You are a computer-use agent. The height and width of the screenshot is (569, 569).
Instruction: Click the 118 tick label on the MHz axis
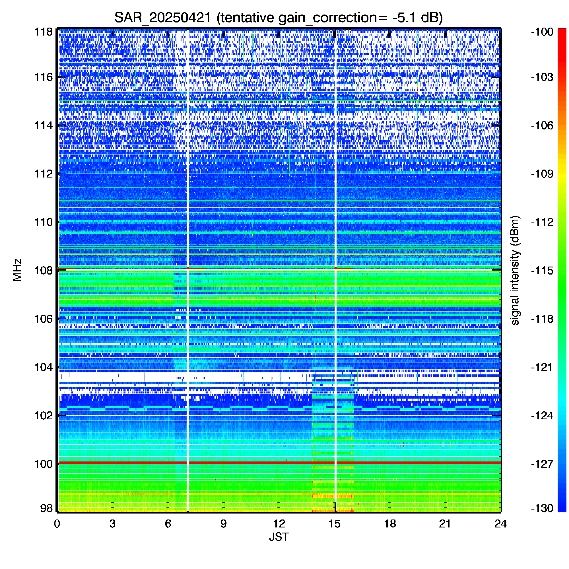(x=43, y=32)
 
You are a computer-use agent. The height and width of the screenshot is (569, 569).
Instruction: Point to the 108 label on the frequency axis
(x=43, y=270)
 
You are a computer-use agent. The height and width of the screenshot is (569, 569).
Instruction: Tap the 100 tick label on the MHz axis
(x=43, y=464)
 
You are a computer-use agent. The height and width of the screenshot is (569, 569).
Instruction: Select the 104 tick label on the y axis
(x=43, y=367)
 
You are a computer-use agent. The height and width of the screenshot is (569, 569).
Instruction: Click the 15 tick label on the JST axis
(x=334, y=524)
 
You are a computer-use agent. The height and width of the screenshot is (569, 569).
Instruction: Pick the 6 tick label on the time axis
(x=168, y=524)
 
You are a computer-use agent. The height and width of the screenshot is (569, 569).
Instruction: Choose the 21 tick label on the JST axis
(x=445, y=524)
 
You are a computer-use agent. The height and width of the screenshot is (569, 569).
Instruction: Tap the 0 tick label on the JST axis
(x=57, y=524)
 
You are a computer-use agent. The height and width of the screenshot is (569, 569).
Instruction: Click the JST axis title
(x=279, y=537)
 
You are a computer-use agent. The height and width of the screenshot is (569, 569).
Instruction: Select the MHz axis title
(x=17, y=270)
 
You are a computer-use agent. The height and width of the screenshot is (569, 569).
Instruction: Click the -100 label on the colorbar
(x=542, y=32)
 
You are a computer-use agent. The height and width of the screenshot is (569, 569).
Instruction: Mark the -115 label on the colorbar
(x=542, y=270)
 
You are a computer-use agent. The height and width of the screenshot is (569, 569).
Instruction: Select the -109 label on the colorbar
(x=542, y=174)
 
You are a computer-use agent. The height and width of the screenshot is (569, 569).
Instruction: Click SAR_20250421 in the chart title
(x=162, y=18)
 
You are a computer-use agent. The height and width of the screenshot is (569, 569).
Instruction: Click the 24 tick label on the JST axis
(x=501, y=524)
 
